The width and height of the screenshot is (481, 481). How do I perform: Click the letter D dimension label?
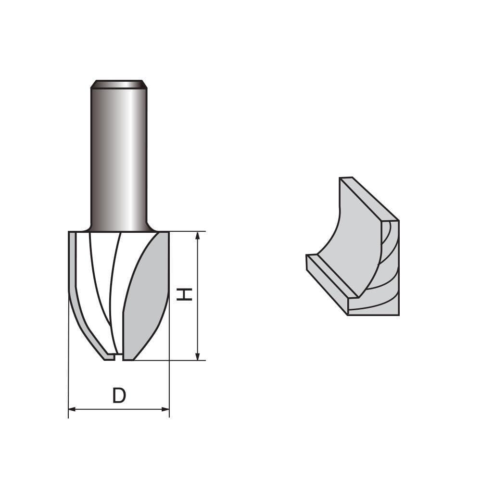pyautogui.click(x=119, y=396)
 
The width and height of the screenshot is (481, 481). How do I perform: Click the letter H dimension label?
pyautogui.click(x=184, y=294)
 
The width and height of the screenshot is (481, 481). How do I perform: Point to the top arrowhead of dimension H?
pyautogui.click(x=197, y=236)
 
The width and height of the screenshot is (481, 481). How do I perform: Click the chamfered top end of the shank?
pyautogui.click(x=119, y=84)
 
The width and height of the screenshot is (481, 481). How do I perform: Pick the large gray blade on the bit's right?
pyautogui.click(x=147, y=298)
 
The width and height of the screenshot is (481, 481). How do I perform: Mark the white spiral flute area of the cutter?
pyautogui.click(x=103, y=279)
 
